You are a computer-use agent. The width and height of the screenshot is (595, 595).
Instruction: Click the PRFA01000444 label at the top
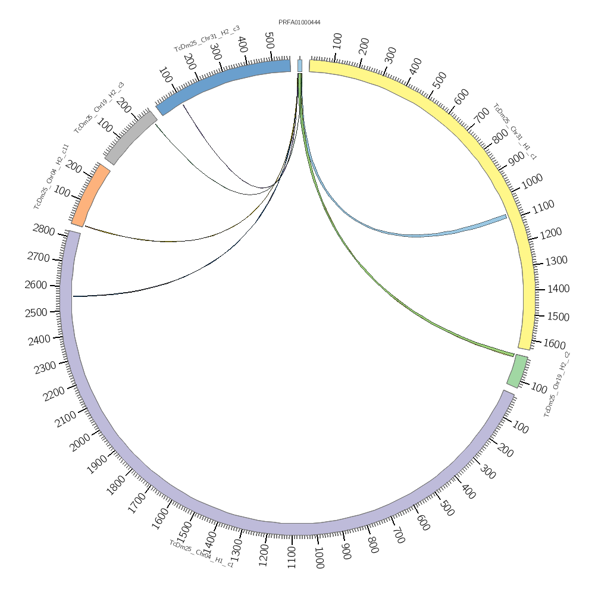pyautogui.click(x=299, y=23)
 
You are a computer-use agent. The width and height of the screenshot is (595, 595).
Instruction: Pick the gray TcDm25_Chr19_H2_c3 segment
pyautogui.click(x=130, y=138)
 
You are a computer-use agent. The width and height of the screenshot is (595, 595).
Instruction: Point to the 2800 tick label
pyautogui.click(x=44, y=231)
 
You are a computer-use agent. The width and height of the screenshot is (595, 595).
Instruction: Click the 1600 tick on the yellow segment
pyautogui.click(x=555, y=344)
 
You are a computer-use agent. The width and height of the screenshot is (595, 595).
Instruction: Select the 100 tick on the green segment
pyautogui.click(x=538, y=389)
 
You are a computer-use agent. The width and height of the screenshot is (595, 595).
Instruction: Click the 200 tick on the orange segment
pyautogui.click(x=74, y=168)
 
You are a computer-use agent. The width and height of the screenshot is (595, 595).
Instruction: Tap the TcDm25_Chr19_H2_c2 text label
pyautogui.click(x=557, y=384)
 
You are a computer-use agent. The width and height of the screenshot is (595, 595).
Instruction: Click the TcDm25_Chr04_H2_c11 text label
pyautogui.click(x=51, y=176)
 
